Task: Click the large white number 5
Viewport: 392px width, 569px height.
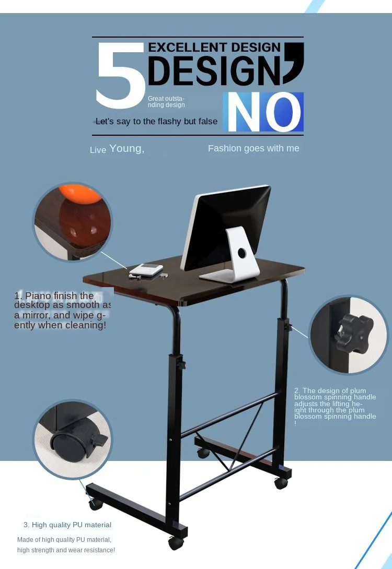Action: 120,77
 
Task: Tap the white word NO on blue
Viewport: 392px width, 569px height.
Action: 263,112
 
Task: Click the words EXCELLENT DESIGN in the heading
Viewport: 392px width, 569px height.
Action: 214,48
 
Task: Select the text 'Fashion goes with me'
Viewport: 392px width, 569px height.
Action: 253,148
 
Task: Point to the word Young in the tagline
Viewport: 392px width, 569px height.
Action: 126,148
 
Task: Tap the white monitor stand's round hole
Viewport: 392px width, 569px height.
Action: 241,253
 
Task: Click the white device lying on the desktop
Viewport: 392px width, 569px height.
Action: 146,270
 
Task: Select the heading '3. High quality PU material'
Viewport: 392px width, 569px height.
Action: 67,525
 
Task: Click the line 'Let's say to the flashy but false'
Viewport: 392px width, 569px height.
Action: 156,122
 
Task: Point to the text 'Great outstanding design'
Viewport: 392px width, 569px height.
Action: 166,101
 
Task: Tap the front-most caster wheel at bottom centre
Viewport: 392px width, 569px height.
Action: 176,542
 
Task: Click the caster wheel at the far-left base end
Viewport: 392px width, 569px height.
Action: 95,504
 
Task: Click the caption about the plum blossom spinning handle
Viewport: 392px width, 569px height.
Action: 335,406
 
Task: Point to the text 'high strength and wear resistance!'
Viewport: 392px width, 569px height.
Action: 66,550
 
